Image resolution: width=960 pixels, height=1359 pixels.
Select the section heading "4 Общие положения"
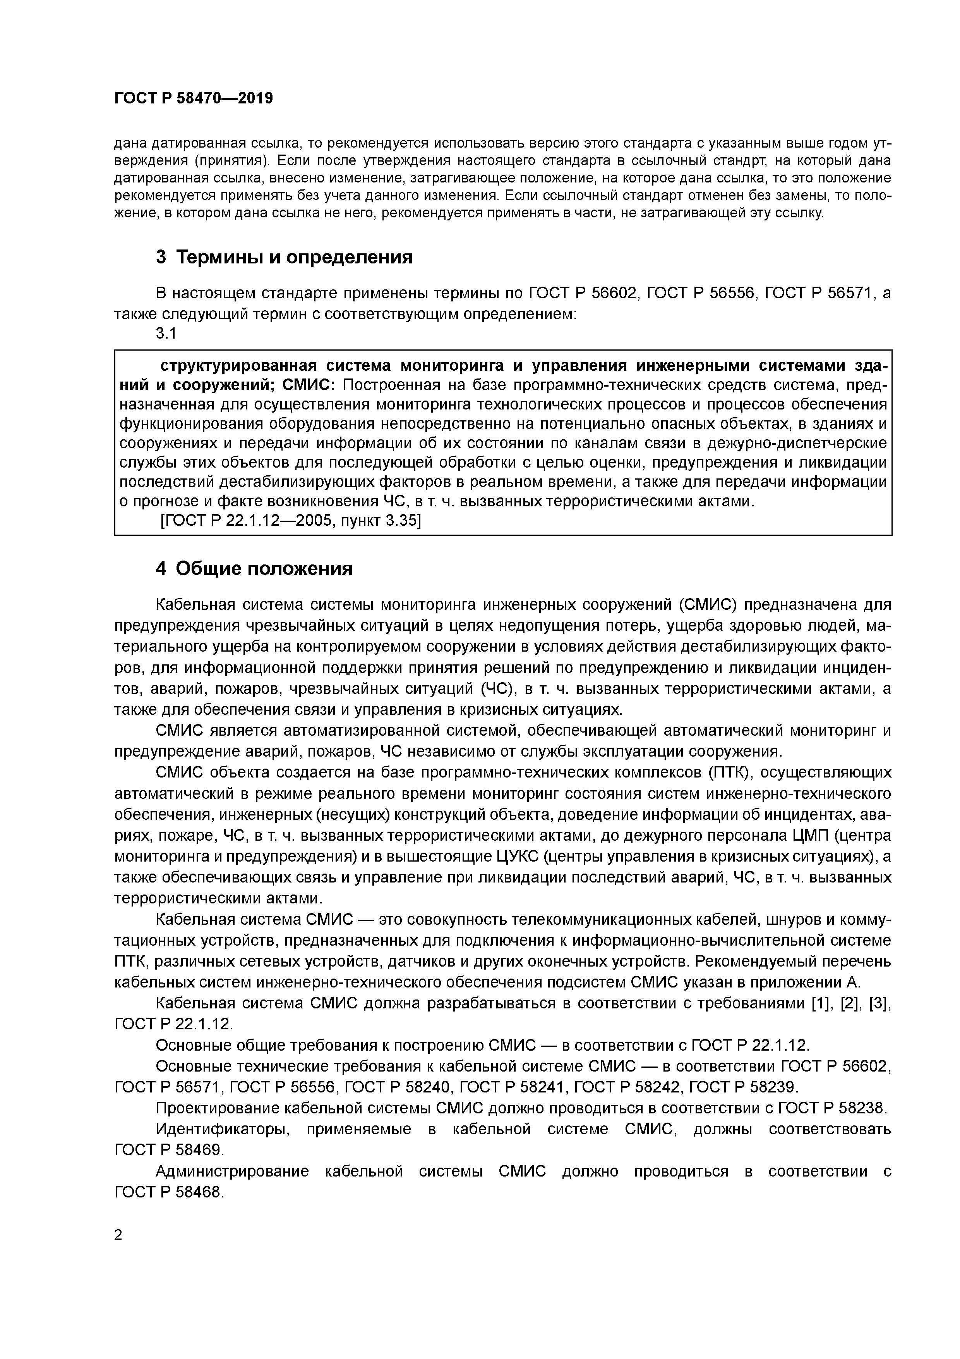(254, 568)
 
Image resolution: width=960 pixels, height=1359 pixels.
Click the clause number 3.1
(166, 333)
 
